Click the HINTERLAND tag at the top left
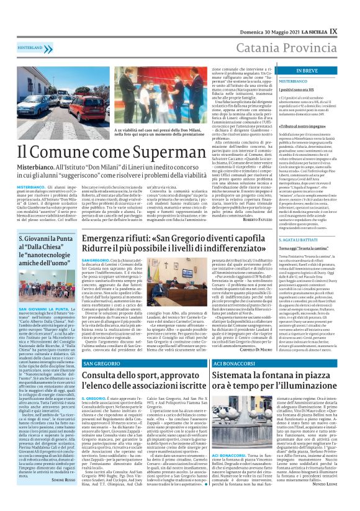coord(31,47)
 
